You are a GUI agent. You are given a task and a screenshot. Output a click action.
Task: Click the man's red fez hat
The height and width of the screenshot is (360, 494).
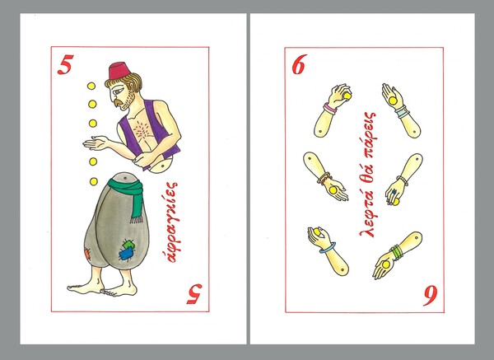tap(119, 72)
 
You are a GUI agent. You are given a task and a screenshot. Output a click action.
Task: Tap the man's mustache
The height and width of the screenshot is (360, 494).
tap(119, 102)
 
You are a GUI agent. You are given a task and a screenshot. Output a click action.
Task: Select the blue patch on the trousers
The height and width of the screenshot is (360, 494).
tap(126, 253)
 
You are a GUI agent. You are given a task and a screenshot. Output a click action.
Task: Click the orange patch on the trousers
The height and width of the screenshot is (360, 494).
tap(87, 254)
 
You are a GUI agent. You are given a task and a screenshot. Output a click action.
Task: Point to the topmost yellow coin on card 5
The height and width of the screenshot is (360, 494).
tap(91, 86)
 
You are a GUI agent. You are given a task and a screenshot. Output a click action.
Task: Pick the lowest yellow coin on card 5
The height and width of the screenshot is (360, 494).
tap(94, 181)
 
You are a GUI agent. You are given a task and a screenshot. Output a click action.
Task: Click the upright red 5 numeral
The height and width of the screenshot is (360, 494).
tap(66, 64)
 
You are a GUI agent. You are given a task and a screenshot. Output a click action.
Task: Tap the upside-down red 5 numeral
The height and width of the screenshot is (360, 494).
tap(194, 294)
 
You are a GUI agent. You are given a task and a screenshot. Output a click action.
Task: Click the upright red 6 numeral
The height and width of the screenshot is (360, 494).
tap(300, 66)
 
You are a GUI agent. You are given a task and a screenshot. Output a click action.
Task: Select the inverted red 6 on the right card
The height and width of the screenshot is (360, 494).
tap(430, 296)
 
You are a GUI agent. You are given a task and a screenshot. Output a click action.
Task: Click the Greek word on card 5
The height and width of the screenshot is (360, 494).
tap(173, 222)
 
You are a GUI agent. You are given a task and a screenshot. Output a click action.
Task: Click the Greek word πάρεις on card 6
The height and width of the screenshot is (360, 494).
tap(369, 133)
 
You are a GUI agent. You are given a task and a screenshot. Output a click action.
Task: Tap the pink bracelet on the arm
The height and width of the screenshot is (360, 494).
tap(330, 109)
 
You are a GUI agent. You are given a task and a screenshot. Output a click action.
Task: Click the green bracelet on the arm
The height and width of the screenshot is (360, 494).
tap(397, 252)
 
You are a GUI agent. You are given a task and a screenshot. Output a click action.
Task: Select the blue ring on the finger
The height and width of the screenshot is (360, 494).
tap(394, 191)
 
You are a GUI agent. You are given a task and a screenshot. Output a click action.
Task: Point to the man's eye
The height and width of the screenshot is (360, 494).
tap(116, 91)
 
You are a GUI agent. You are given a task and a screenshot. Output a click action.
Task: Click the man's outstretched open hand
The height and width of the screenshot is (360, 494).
tap(96, 143)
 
